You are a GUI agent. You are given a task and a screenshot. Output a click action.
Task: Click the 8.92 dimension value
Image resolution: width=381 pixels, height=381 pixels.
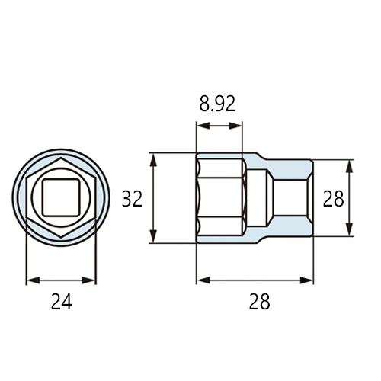tap(217, 104)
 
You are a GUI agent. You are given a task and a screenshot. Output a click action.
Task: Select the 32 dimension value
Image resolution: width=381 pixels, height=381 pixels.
tap(132, 199)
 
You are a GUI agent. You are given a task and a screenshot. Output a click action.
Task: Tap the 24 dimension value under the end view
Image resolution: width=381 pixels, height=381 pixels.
tap(62, 301)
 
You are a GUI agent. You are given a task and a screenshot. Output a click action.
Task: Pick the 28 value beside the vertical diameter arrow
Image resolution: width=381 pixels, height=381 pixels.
tap(333, 198)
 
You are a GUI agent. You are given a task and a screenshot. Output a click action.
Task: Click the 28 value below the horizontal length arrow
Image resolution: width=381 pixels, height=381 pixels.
tap(259, 301)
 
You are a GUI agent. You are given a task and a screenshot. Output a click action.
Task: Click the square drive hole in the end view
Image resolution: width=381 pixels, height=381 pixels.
tap(61, 197)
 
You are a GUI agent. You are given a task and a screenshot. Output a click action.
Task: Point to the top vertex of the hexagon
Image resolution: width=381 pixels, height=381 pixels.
tap(61, 158)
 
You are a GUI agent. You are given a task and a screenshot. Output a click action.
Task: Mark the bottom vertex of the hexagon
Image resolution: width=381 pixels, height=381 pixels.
tap(61, 237)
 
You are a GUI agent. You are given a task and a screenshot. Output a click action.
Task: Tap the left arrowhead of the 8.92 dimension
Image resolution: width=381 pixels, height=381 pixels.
tap(203, 126)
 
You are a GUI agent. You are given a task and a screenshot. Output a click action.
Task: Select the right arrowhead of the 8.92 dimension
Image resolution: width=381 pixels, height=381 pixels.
tap(235, 126)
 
